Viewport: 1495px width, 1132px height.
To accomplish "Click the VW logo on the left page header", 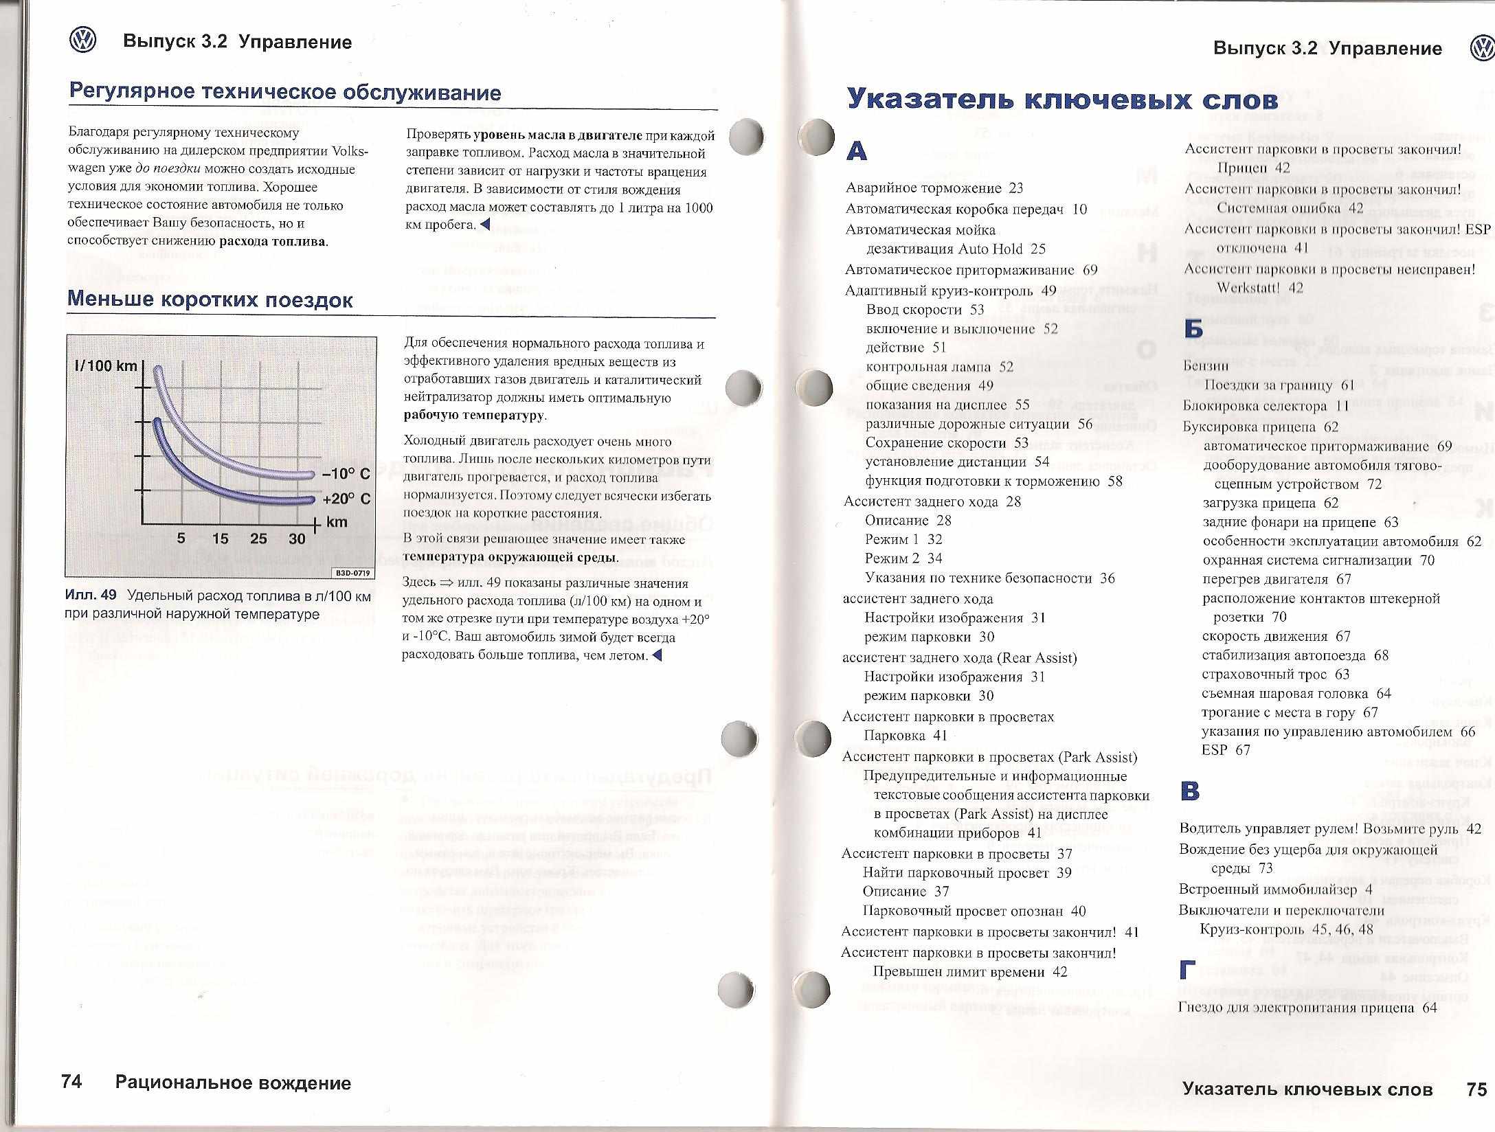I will (x=83, y=41).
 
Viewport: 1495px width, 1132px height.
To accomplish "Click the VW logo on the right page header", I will (x=1481, y=49).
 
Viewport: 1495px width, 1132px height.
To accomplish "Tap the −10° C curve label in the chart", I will (x=346, y=474).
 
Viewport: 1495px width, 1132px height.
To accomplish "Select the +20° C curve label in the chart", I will (x=346, y=499).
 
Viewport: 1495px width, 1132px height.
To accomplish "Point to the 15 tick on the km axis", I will (x=220, y=539).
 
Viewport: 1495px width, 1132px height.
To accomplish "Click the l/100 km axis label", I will (x=106, y=365).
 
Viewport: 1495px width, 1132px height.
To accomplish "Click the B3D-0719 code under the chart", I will (x=354, y=573).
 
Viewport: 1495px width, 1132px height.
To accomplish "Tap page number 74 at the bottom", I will (x=71, y=1082).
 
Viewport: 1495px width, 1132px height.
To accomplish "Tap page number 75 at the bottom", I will (x=1476, y=1089).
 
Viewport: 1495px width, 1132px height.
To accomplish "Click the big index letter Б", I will (x=1193, y=330).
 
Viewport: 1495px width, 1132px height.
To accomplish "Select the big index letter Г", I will (x=1187, y=970).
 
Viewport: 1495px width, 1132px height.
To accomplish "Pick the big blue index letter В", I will (x=1190, y=791).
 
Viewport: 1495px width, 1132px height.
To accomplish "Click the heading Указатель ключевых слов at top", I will (x=1061, y=99).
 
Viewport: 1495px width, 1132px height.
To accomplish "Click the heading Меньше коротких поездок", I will (x=210, y=299).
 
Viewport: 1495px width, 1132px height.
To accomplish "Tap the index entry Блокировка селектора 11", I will (x=1266, y=406).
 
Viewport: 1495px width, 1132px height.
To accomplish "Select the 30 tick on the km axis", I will (x=297, y=539).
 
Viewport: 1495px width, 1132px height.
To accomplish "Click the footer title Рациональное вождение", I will (x=233, y=1083).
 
